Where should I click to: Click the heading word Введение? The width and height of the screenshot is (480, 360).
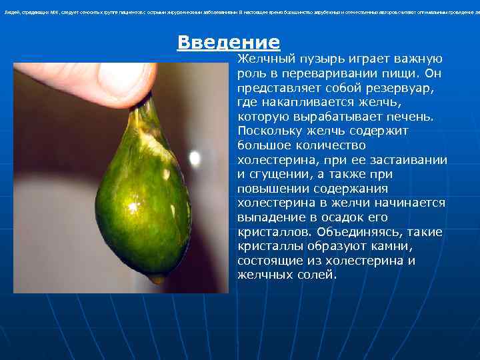[x=228, y=43]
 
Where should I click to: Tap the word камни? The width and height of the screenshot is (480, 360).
[x=384, y=247]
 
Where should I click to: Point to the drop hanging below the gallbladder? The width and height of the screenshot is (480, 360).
[x=157, y=278]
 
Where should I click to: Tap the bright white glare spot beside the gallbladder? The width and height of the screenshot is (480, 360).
[x=195, y=158]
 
